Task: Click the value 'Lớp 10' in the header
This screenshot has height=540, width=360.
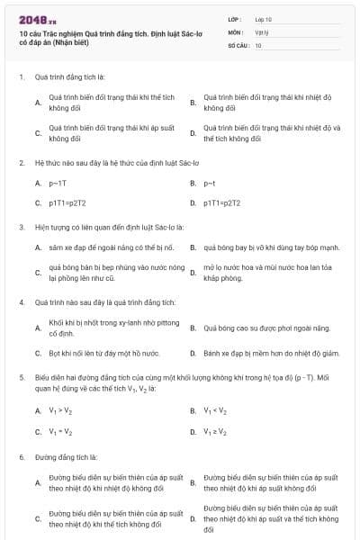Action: (263, 18)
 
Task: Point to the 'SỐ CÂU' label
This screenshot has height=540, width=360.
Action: (238, 44)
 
